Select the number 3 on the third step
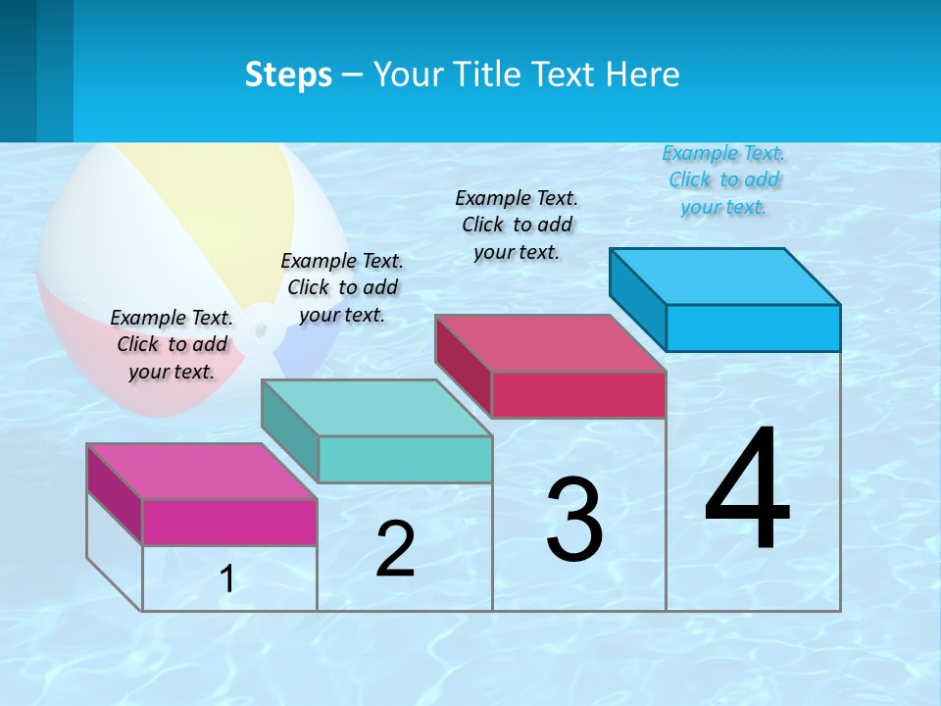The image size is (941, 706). [x=574, y=520]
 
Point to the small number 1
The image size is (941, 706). [x=227, y=580]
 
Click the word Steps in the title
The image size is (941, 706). [x=288, y=75]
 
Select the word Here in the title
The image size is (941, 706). [x=643, y=75]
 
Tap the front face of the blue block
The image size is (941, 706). [x=753, y=328]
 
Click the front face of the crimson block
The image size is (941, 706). [x=578, y=394]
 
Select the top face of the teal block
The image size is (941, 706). [x=376, y=408]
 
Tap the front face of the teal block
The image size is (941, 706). [x=405, y=459]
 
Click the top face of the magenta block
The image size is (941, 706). [x=202, y=472]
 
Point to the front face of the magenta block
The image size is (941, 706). [x=229, y=522]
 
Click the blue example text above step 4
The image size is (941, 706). [x=723, y=179]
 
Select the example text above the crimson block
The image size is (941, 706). [x=517, y=225]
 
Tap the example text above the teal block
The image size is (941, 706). [x=342, y=287]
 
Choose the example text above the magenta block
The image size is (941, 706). [x=172, y=344]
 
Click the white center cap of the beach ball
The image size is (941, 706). [x=260, y=328]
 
